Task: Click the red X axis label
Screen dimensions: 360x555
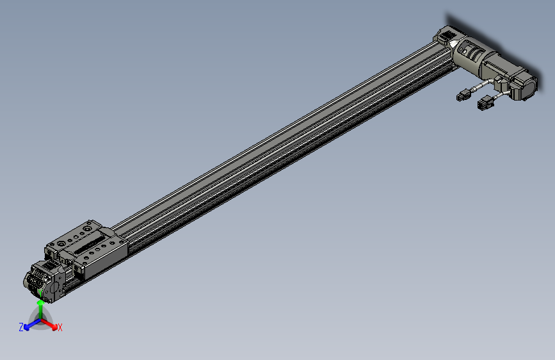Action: pyautogui.click(x=60, y=327)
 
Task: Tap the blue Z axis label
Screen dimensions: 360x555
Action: pyautogui.click(x=21, y=327)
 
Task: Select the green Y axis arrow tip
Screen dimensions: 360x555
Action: pyautogui.click(x=40, y=306)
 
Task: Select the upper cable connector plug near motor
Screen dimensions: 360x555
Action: pyautogui.click(x=462, y=96)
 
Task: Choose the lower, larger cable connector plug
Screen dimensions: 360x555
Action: pyautogui.click(x=483, y=104)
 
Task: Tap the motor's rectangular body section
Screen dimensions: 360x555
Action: pyautogui.click(x=503, y=67)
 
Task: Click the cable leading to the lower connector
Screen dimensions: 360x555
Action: pyautogui.click(x=499, y=95)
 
